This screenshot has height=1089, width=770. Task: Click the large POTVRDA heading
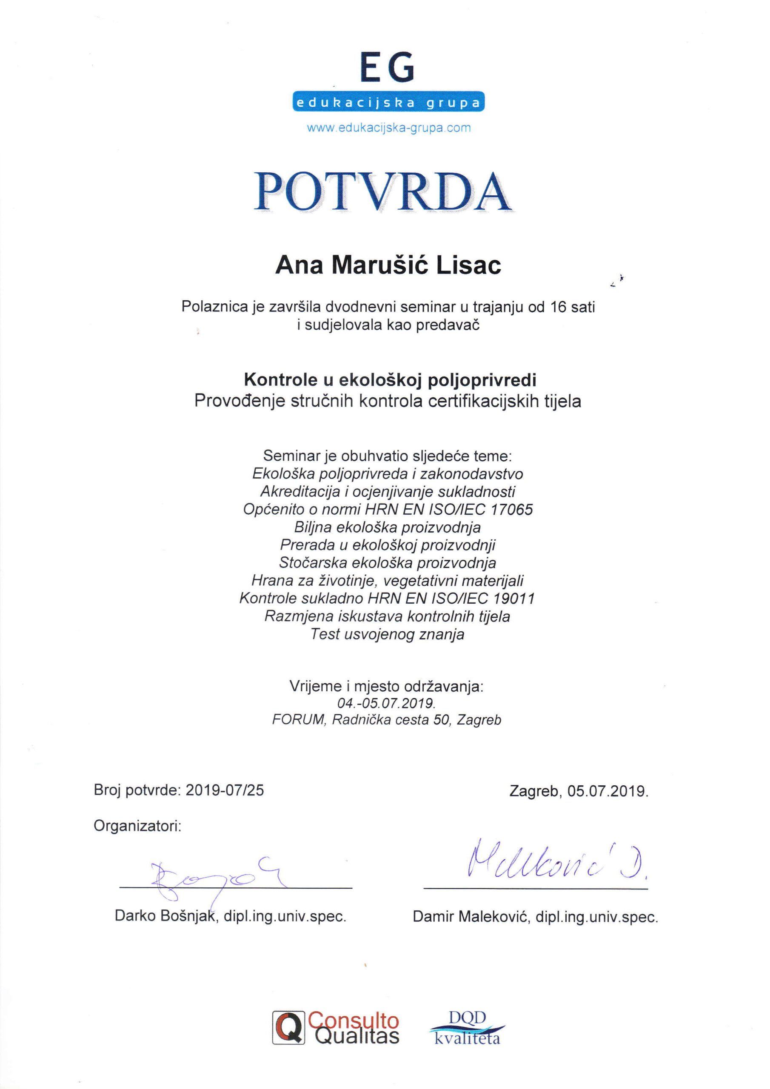383,192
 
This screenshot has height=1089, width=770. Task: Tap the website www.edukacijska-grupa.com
388,128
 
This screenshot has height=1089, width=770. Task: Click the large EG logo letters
388,68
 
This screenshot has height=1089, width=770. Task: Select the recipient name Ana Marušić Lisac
388,265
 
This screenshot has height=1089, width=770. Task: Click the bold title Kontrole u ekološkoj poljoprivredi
390,380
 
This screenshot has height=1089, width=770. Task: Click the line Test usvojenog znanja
387,634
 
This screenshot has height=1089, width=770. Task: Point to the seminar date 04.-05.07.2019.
386,703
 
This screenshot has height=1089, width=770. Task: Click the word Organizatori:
137,826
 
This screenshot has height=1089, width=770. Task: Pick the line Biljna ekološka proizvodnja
387,527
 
